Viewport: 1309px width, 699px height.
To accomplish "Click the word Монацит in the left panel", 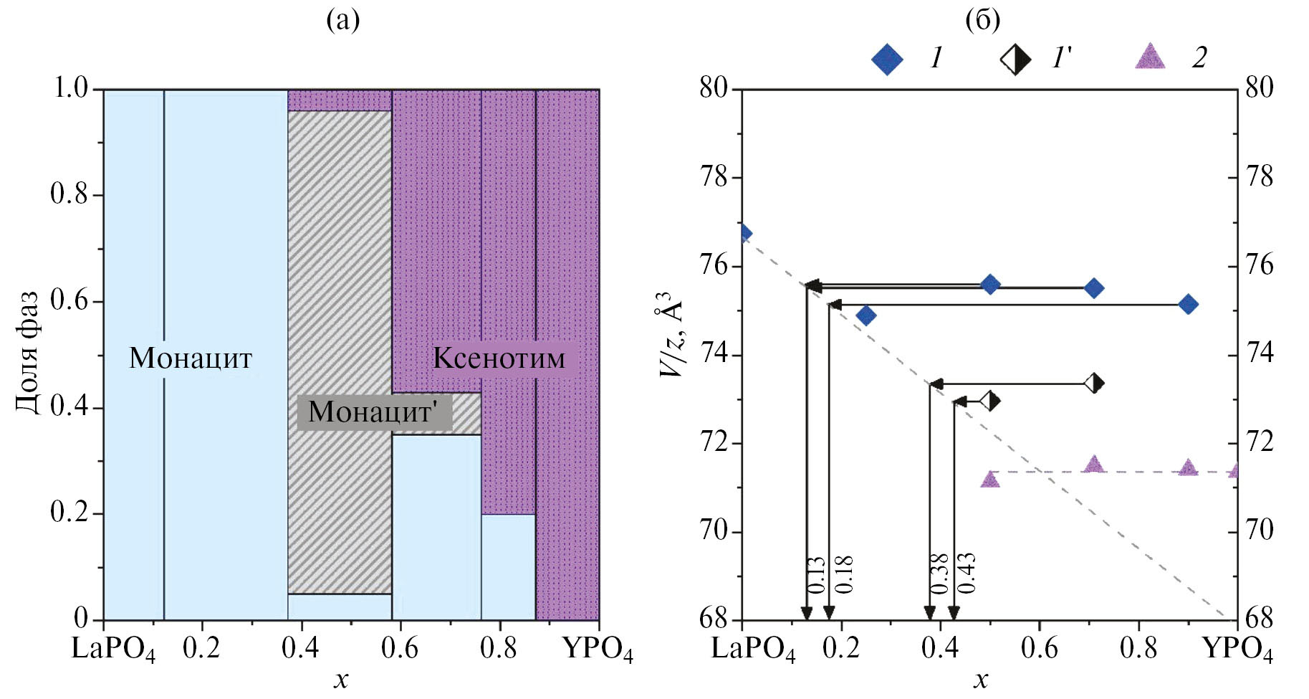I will point(191,358).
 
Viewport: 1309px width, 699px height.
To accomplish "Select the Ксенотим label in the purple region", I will point(499,358).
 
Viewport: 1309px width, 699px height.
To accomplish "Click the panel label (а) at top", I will point(342,20).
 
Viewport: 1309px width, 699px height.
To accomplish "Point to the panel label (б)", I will point(982,20).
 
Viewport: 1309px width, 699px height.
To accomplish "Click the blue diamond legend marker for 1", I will point(887,59).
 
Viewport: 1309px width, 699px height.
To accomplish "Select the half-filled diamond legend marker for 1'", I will point(1015,59).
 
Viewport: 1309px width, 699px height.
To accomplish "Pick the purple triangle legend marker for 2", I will point(1150,57).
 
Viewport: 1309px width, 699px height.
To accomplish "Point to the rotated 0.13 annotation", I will point(817,575).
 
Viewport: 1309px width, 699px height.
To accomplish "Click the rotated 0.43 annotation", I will point(966,574).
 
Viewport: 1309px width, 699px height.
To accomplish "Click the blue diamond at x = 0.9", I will point(1188,305).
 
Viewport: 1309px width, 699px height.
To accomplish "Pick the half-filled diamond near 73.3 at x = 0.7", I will point(1093,384).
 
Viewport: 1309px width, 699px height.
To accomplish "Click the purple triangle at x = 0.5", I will point(990,479).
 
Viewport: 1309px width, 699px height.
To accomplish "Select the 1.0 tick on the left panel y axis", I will point(70,88).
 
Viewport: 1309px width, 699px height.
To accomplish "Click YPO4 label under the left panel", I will point(598,649).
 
